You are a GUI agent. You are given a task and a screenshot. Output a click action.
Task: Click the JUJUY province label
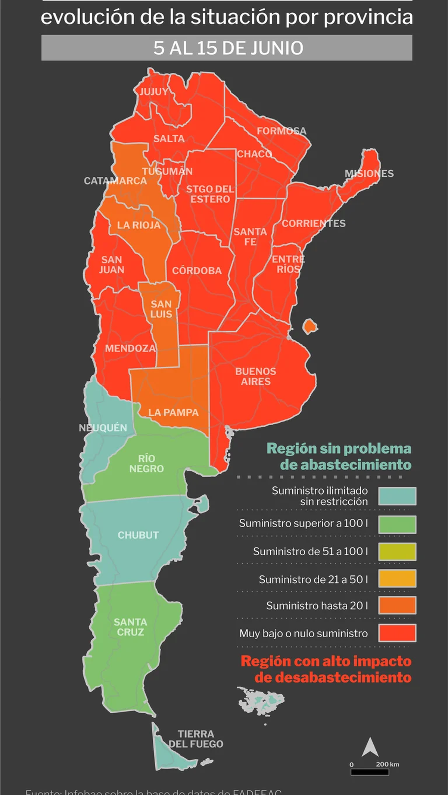tap(154, 92)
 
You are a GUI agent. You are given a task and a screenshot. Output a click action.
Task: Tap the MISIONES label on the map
tap(369, 174)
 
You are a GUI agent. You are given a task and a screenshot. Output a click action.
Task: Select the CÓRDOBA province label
tap(197, 271)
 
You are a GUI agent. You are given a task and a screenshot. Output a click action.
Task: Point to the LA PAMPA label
tap(173, 413)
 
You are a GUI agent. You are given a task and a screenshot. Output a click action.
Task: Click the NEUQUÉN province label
tap(103, 428)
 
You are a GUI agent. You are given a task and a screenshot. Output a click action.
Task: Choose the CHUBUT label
tap(138, 535)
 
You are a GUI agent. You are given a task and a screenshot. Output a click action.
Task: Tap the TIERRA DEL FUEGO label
tap(196, 739)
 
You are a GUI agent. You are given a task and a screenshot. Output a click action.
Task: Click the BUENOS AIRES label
tap(256, 376)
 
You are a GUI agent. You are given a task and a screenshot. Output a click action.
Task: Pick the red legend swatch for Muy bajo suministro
tap(397, 633)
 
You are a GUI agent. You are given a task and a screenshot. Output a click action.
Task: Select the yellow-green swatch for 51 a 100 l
tap(397, 552)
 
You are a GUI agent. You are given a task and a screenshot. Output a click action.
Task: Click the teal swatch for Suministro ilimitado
tap(397, 496)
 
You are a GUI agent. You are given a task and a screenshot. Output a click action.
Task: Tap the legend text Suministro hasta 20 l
tap(317, 606)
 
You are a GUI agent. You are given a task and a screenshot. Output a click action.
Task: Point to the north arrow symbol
tap(370, 747)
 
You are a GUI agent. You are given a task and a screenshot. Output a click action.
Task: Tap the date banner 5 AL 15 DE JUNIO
tap(227, 48)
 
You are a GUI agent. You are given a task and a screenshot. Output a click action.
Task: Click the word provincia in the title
tap(368, 18)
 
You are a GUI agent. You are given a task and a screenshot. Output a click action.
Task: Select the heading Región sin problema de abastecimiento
tap(339, 457)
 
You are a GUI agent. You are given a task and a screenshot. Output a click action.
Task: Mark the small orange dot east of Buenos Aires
tap(309, 327)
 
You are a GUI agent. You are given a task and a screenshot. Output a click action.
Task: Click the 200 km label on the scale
tap(387, 764)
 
